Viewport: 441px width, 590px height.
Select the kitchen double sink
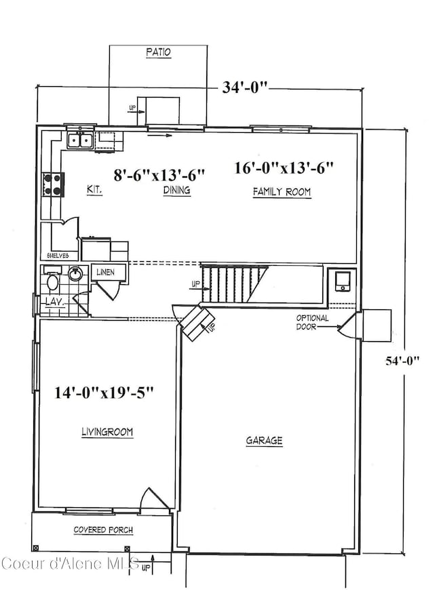point(81,140)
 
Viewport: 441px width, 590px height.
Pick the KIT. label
point(94,191)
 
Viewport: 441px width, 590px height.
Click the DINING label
point(176,191)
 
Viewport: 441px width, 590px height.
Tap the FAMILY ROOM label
point(282,192)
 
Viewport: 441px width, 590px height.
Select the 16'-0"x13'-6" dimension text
point(284,167)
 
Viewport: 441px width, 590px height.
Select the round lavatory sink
point(76,274)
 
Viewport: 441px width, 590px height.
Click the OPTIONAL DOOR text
point(312,322)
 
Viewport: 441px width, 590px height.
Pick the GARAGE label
point(264,441)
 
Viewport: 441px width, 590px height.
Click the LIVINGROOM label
point(107,431)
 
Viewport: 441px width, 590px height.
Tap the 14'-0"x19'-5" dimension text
point(105,392)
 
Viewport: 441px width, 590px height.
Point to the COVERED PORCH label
point(102,530)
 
